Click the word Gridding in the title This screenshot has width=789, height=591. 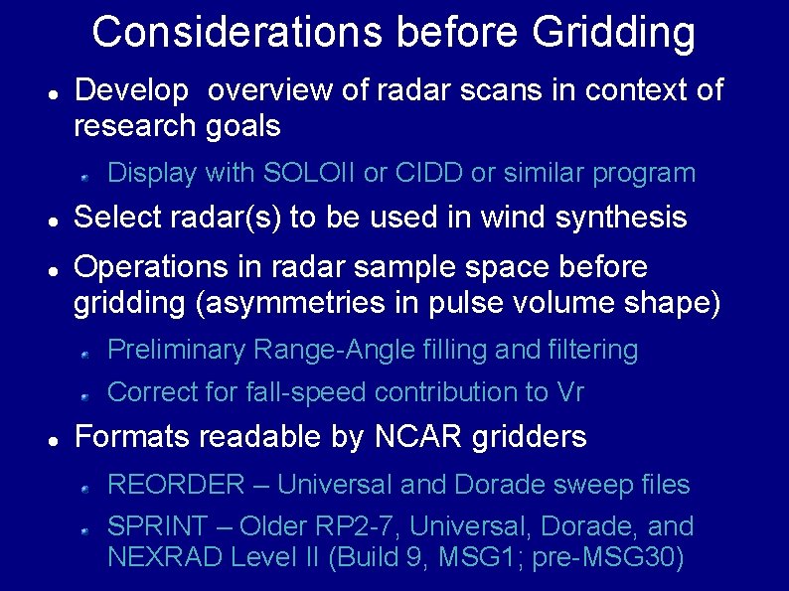pos(613,32)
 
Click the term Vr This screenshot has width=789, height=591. pos(569,392)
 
